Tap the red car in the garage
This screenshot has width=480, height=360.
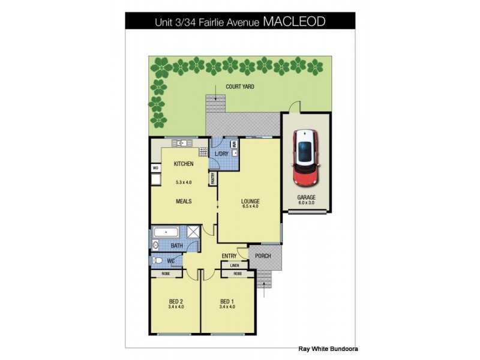click(x=305, y=157)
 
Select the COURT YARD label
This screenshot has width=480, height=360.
click(x=239, y=87)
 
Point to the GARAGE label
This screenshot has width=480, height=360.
click(x=306, y=197)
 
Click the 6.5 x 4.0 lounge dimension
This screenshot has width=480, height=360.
click(x=250, y=206)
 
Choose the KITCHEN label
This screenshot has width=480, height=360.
click(x=183, y=164)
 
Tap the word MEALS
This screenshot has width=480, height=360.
click(x=183, y=202)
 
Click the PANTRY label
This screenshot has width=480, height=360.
click(x=212, y=178)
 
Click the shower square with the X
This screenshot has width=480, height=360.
click(x=194, y=232)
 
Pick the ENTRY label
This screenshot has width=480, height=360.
click(x=229, y=256)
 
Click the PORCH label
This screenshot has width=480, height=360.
click(x=262, y=256)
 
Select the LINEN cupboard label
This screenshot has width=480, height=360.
click(x=235, y=265)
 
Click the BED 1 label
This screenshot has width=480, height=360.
click(x=226, y=301)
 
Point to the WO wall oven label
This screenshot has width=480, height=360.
click(x=154, y=169)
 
